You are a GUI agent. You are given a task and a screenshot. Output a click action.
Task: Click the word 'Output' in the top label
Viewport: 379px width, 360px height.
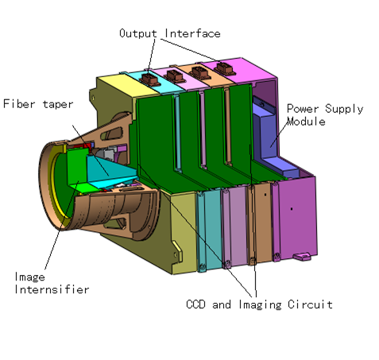coord(138,33)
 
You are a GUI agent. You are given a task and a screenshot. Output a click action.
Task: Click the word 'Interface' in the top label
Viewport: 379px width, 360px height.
coord(191,33)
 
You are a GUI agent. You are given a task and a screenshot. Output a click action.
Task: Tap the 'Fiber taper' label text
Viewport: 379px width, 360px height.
coord(37,103)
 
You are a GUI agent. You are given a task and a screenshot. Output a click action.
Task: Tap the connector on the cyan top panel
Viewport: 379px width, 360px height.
coord(151,72)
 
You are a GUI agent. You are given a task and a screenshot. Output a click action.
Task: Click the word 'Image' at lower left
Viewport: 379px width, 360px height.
coord(31,277)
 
